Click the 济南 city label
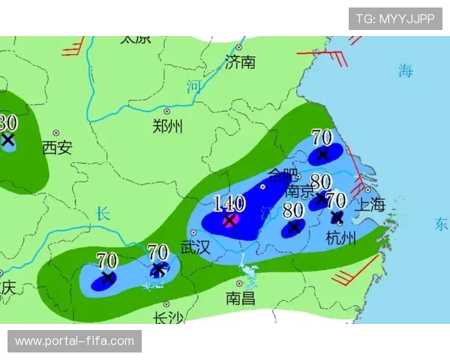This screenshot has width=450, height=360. (x=241, y=61)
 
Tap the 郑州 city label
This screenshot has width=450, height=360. (x=166, y=126)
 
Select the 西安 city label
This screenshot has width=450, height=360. (x=57, y=147)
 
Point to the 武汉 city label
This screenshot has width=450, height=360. (x=196, y=247)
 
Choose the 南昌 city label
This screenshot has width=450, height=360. (x=240, y=298)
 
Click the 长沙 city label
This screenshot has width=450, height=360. (x=167, y=318)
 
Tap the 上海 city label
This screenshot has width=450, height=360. (x=371, y=204)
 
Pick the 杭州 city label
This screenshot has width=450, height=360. (x=341, y=238)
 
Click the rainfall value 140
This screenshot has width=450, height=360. (x=229, y=202)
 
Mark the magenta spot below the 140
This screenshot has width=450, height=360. (x=230, y=220)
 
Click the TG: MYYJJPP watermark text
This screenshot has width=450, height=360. (x=395, y=18)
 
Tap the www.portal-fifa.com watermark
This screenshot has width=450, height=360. (x=74, y=341)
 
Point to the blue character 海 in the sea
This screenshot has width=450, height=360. (x=406, y=71)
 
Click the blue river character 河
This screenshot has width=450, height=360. (x=193, y=87)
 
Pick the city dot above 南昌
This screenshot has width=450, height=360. (x=239, y=283)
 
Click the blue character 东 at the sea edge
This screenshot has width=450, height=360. (x=441, y=223)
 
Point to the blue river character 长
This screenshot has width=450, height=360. (x=103, y=214)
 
